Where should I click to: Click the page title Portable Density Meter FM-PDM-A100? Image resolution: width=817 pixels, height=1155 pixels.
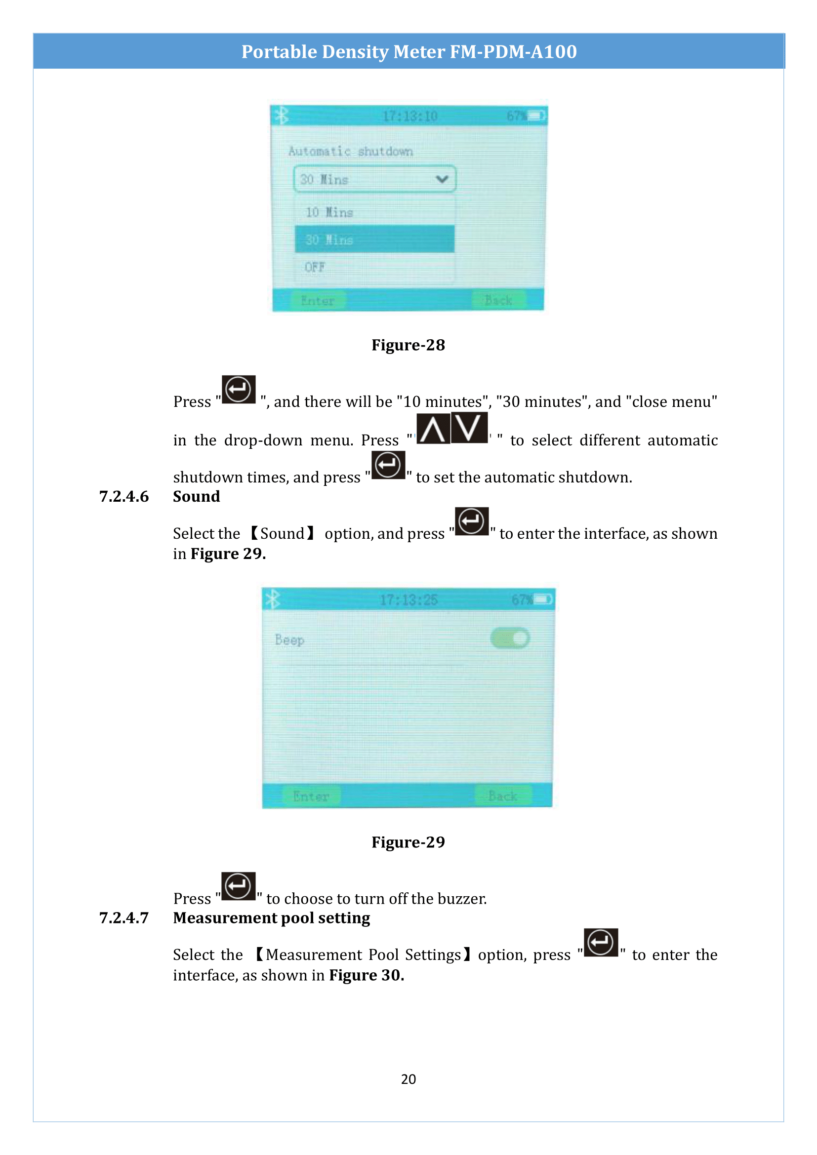[408, 52]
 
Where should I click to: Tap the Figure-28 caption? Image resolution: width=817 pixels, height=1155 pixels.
[408, 345]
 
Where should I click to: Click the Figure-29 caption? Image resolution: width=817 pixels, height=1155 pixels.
[408, 842]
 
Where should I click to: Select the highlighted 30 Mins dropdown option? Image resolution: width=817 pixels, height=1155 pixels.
[374, 239]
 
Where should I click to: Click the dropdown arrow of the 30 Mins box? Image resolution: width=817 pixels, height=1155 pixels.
[442, 179]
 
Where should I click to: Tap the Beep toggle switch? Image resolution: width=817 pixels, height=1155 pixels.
[510, 638]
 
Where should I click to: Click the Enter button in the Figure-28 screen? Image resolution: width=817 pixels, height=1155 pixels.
[318, 300]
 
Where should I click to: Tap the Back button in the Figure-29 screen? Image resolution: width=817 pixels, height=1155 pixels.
[502, 796]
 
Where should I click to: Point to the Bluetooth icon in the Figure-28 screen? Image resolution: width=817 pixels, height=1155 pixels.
[282, 116]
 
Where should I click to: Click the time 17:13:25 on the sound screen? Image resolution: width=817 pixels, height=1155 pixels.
[408, 599]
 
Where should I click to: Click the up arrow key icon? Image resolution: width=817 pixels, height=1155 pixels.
[433, 429]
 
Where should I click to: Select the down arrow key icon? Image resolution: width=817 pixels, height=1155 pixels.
[469, 428]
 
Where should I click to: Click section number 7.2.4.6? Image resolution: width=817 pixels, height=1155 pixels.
[124, 496]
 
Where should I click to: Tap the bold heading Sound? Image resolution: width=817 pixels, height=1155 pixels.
[196, 496]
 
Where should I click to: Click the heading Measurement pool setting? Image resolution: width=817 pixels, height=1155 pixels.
[271, 918]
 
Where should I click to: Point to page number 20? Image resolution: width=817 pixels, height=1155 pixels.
[408, 1079]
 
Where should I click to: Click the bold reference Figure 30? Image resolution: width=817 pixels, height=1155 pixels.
[366, 975]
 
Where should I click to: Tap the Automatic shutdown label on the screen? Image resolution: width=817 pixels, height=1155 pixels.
[350, 151]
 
